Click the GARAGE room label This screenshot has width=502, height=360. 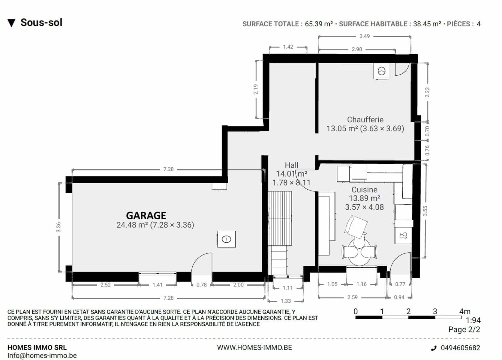point(146,215)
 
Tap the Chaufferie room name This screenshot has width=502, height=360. point(365,120)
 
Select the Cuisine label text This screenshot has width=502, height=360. point(364,190)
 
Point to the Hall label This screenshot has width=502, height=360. point(291,165)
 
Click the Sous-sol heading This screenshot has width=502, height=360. point(41,22)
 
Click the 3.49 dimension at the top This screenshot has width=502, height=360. point(364,36)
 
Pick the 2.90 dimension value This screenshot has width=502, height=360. point(357,49)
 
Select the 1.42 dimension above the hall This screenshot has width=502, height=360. point(288,47)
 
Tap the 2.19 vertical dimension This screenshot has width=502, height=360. point(256,89)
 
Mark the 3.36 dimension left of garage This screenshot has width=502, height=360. point(58,227)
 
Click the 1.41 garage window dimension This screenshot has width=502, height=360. point(157,285)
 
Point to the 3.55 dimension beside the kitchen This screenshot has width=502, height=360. point(425,211)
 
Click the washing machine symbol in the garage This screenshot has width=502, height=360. point(226,239)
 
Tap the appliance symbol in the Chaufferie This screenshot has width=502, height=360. point(381,71)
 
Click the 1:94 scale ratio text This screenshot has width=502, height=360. point(473,320)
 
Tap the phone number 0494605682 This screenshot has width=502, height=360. point(461,348)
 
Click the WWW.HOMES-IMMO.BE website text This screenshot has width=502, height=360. point(254,347)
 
